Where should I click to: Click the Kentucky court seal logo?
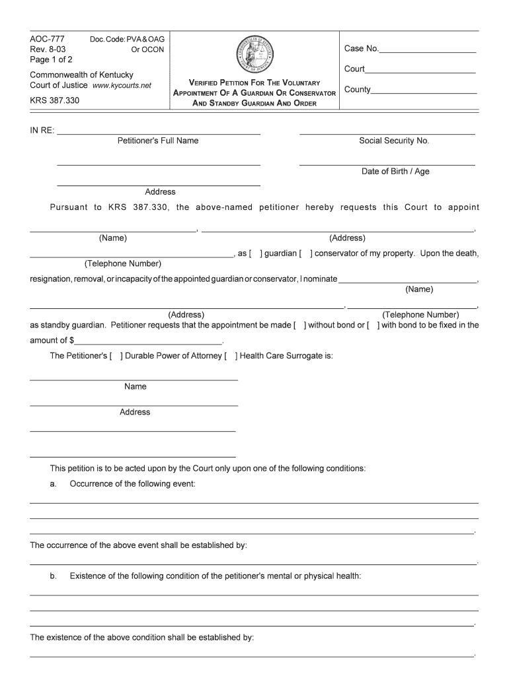coord(254,53)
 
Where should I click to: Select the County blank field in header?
coord(424,92)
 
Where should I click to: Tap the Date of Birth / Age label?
coord(395,171)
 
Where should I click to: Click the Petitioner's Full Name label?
coord(158,141)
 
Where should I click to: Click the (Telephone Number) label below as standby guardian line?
coord(420,315)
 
